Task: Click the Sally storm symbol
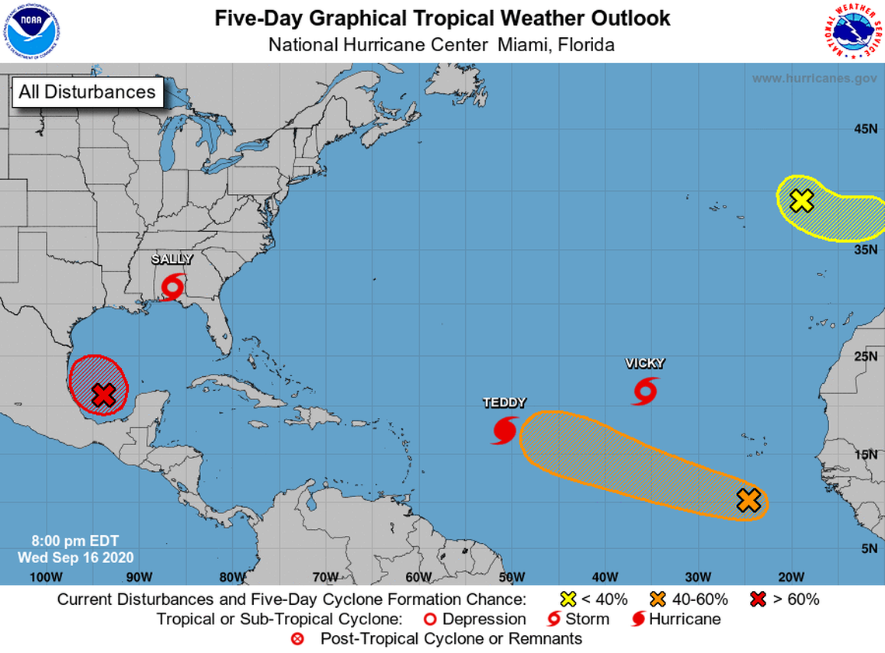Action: (x=173, y=287)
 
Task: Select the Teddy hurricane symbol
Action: (x=505, y=430)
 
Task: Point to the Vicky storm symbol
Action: (x=644, y=390)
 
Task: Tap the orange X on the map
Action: (x=748, y=500)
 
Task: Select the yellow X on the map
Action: (x=801, y=201)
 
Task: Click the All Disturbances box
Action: (x=87, y=92)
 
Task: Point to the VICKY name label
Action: (x=645, y=363)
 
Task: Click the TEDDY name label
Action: (x=505, y=403)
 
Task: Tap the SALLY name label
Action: (x=172, y=259)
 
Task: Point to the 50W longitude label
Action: (x=512, y=576)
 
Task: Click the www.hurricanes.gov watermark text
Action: (x=814, y=78)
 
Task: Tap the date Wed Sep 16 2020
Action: (x=76, y=557)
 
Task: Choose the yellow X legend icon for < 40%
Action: (x=568, y=599)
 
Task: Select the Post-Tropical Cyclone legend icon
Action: (x=297, y=639)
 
